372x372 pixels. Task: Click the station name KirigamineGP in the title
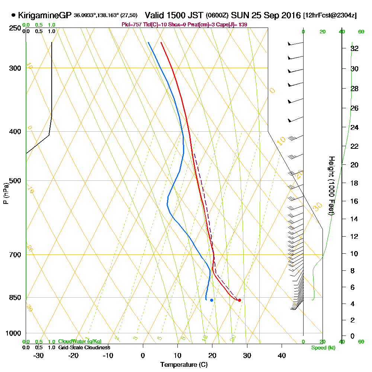click(44, 16)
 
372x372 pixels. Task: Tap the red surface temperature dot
click(239, 300)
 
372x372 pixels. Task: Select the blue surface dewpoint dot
click(211, 300)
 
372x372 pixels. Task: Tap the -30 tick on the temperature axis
click(39, 356)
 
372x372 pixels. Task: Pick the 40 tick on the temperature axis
click(282, 356)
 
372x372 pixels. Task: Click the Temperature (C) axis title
click(184, 365)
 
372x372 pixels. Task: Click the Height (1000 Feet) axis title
click(331, 185)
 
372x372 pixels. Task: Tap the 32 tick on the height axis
click(355, 48)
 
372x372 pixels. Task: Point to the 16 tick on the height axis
click(355, 201)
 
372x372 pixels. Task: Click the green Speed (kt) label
click(322, 348)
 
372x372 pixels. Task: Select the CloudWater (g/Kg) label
click(80, 341)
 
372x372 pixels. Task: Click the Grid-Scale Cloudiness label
click(84, 347)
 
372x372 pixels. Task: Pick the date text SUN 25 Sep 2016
click(266, 16)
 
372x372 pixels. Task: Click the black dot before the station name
click(14, 16)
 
